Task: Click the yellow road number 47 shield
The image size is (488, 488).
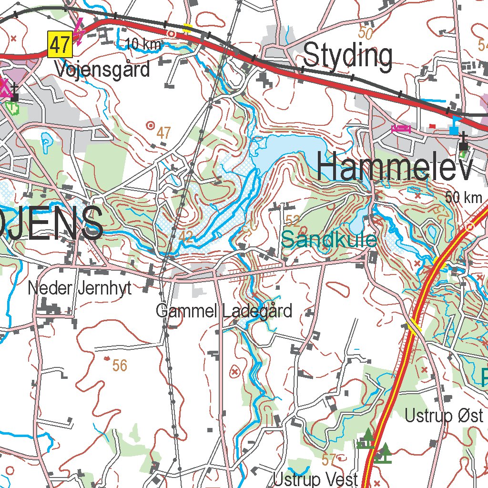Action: pyautogui.click(x=60, y=45)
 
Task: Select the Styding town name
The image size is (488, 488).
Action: pyautogui.click(x=348, y=56)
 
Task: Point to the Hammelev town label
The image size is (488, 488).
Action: pyautogui.click(x=395, y=168)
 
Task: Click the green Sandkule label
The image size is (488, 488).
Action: pyautogui.click(x=329, y=239)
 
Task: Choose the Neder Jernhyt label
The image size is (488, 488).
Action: pyautogui.click(x=80, y=288)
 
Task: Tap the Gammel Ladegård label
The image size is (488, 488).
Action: pyautogui.click(x=224, y=311)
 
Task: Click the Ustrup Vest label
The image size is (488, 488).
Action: pyautogui.click(x=315, y=479)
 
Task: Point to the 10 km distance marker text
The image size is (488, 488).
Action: pyautogui.click(x=143, y=45)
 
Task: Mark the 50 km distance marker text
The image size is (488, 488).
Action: pyautogui.click(x=464, y=197)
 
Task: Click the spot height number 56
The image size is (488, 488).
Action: pyautogui.click(x=120, y=366)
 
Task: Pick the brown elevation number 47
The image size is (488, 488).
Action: pyautogui.click(x=163, y=133)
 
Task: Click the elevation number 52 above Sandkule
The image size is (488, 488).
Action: pyautogui.click(x=293, y=220)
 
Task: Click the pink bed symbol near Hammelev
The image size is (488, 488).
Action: pyautogui.click(x=401, y=128)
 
